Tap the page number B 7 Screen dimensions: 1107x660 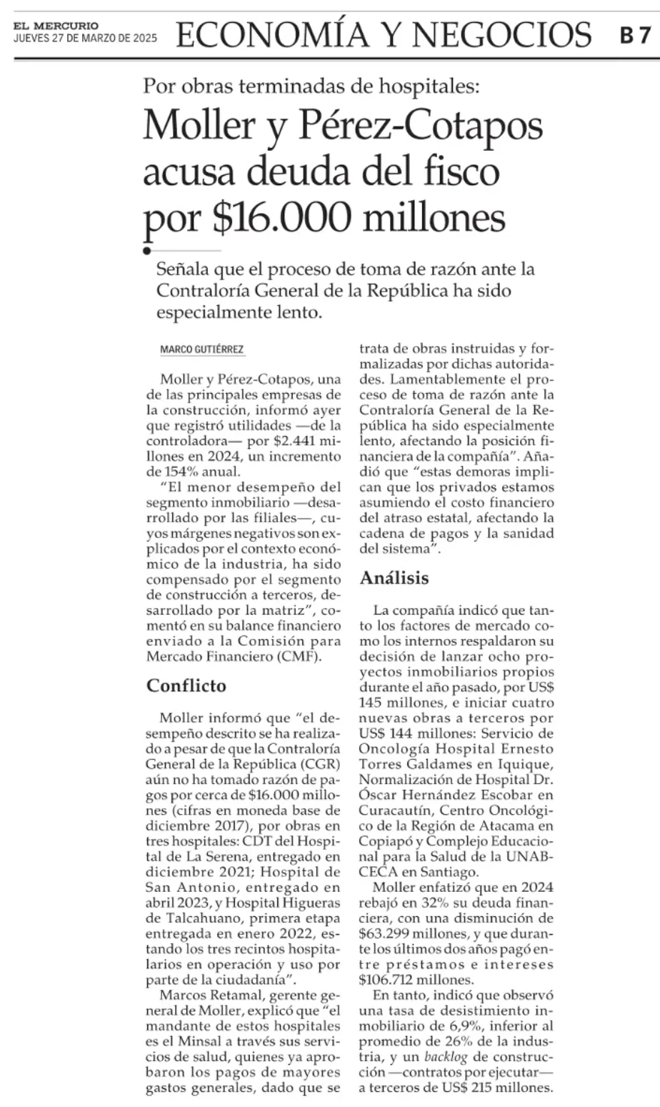(x=634, y=35)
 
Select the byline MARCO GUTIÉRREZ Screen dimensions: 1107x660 (x=202, y=349)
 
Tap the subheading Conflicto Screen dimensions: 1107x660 (x=186, y=686)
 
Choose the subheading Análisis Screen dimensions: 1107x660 (x=394, y=577)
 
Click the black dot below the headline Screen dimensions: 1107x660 (x=147, y=251)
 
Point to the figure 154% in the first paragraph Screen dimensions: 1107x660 (x=179, y=472)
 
